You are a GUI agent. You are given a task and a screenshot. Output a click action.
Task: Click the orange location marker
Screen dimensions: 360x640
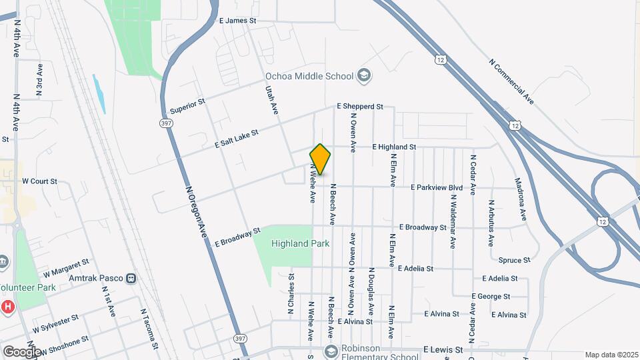(x=320, y=159)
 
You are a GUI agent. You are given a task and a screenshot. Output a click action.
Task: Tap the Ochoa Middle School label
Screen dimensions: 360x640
(x=309, y=76)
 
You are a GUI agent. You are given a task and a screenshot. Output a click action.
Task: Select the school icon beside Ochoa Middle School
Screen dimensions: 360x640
(x=363, y=75)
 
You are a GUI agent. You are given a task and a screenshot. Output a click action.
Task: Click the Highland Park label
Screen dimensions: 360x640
(x=300, y=243)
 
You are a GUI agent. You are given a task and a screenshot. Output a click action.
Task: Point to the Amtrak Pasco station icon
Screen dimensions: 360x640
(x=131, y=277)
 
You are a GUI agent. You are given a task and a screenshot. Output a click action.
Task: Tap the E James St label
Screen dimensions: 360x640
(x=237, y=21)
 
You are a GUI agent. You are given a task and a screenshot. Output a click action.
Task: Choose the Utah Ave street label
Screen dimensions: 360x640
(x=271, y=99)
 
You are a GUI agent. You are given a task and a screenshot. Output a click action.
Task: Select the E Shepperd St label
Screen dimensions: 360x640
(x=360, y=106)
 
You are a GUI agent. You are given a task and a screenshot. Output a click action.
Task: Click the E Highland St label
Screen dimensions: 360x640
(x=394, y=147)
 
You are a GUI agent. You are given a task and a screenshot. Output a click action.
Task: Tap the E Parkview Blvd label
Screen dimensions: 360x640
(x=437, y=187)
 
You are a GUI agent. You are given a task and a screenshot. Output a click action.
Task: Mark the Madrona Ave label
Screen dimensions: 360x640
(x=520, y=199)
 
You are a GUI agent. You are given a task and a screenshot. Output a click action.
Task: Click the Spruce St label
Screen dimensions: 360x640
(x=514, y=260)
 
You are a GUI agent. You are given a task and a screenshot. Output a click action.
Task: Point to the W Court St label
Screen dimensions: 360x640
(x=40, y=181)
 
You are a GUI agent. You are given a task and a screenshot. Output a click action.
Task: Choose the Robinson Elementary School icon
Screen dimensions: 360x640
(x=330, y=351)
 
